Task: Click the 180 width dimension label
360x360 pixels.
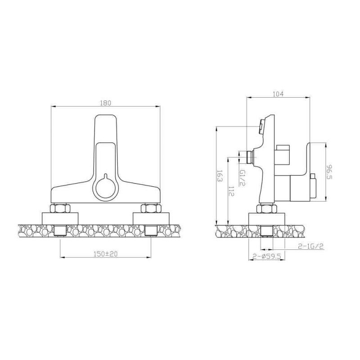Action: pyautogui.click(x=105, y=103)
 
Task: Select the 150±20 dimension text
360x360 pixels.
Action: pyautogui.click(x=106, y=254)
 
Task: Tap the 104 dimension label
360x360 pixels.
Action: pyautogui.click(x=278, y=94)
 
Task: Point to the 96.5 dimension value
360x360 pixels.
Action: pyautogui.click(x=329, y=172)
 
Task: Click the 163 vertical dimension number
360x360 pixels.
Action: pyautogui.click(x=220, y=176)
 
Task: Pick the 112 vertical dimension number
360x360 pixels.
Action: pyautogui.click(x=231, y=191)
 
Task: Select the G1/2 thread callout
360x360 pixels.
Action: pyautogui.click(x=243, y=178)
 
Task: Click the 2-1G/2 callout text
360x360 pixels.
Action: pyautogui.click(x=310, y=246)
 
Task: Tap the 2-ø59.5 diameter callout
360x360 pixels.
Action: pyautogui.click(x=267, y=256)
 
